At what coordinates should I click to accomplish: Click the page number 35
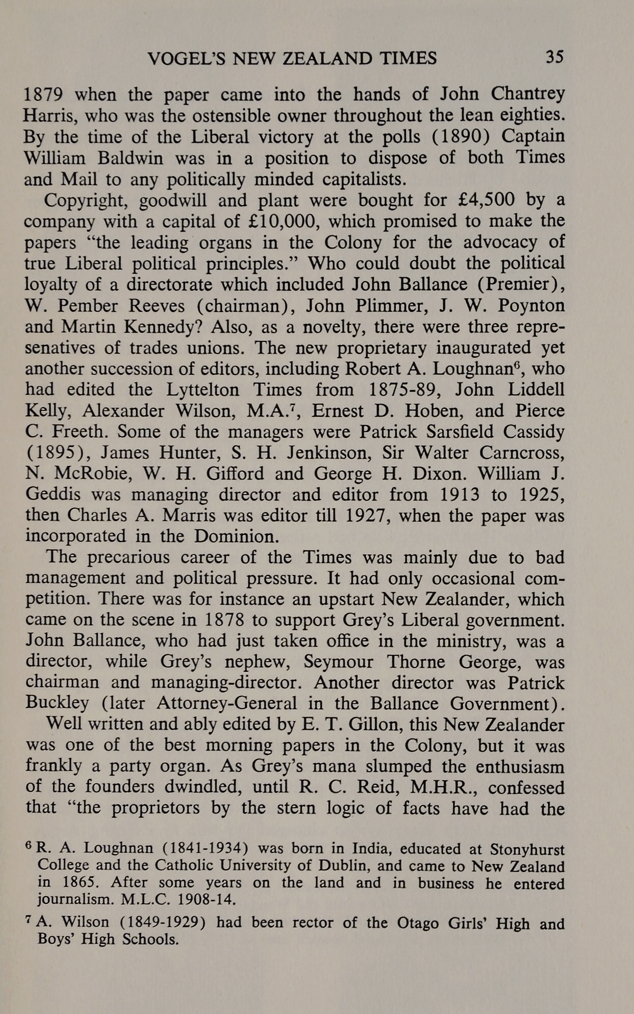coord(554,57)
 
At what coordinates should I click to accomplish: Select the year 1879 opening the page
coord(43,95)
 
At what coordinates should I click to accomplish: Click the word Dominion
coord(235,537)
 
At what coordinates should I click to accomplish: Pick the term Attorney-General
coord(227,704)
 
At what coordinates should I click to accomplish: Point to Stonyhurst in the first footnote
coord(527,850)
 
